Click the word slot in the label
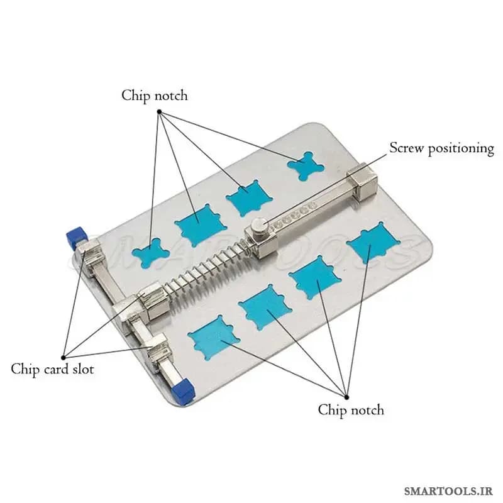[83, 369]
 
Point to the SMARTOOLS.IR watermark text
[448, 491]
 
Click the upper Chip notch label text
[154, 96]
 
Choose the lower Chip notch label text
[351, 410]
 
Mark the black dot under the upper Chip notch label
[159, 111]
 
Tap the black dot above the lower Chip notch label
[346, 397]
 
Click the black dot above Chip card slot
[64, 357]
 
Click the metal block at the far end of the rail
[362, 180]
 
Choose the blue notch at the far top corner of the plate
[306, 166]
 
